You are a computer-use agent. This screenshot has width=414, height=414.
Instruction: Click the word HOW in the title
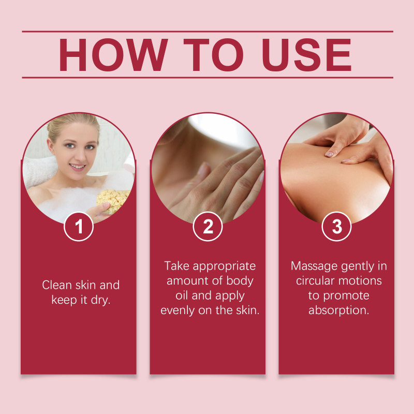coord(113,55)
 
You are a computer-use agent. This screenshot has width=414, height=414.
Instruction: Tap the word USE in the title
coord(306,55)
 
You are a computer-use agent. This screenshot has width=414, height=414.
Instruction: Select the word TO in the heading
coord(213,55)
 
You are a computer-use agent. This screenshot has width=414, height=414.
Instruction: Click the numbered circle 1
coord(79,227)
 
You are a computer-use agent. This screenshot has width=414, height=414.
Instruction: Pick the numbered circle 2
coord(208,227)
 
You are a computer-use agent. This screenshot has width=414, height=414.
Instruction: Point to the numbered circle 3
coord(337,227)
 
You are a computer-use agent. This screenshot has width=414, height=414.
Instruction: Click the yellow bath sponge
coord(113,200)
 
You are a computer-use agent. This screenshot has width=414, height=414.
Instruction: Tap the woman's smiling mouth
coord(77,167)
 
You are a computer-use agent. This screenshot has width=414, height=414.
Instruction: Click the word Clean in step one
coord(57,285)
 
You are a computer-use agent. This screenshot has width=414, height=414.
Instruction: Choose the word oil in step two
coord(182,295)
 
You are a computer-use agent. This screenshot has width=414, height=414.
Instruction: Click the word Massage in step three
coord(314,267)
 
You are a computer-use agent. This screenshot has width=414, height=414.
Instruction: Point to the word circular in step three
coord(314,280)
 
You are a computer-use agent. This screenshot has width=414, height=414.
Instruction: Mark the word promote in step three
coord(346,296)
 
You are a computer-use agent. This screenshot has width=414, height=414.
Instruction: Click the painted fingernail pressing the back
coord(329,154)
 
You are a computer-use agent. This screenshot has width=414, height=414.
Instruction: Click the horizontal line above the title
coord(208,32)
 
